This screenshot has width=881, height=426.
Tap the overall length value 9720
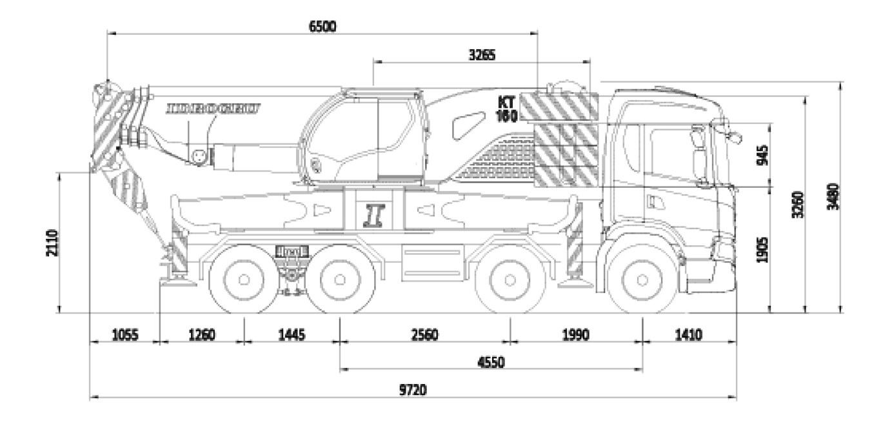tap(413, 390)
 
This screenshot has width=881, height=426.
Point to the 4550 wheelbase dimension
tap(491, 361)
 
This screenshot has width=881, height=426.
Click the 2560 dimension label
tap(424, 334)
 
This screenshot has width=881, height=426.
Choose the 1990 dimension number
tap(576, 334)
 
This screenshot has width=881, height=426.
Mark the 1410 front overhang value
tap(688, 334)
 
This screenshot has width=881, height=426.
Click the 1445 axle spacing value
tap(292, 334)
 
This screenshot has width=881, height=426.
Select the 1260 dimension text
tap(201, 334)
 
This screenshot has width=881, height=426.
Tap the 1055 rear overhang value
tap(124, 334)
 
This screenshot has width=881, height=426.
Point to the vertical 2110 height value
tap(52, 243)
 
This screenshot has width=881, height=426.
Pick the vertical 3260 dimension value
tap(798, 205)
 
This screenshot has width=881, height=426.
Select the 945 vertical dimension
tap(761, 155)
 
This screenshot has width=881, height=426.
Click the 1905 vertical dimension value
tap(761, 249)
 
